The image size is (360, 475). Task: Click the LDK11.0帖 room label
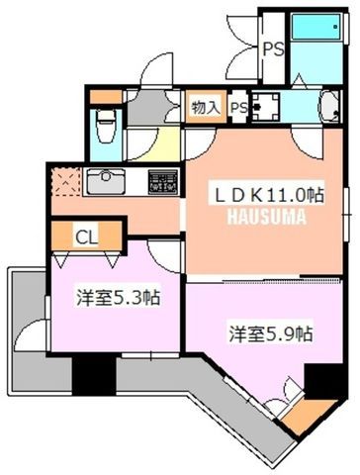tap(269, 195)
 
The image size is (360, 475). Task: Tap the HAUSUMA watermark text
tap(267, 217)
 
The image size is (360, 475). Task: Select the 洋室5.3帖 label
tap(119, 298)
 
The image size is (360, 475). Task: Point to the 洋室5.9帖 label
tap(271, 333)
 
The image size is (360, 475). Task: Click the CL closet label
tap(86, 237)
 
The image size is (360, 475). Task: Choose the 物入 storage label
tap(206, 107)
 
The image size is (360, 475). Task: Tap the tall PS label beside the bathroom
tap(273, 49)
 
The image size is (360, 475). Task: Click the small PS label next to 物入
tap(238, 108)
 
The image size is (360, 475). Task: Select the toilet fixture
tap(106, 127)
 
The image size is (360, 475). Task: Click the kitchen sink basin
tap(106, 181)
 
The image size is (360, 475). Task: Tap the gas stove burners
tap(164, 182)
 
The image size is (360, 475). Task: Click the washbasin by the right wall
tap(329, 106)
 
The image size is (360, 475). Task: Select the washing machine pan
tap(266, 106)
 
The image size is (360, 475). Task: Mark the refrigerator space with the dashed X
tap(66, 181)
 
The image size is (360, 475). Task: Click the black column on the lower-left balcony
tap(94, 375)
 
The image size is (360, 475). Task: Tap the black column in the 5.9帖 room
tap(325, 381)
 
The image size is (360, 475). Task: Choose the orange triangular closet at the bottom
tap(307, 416)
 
